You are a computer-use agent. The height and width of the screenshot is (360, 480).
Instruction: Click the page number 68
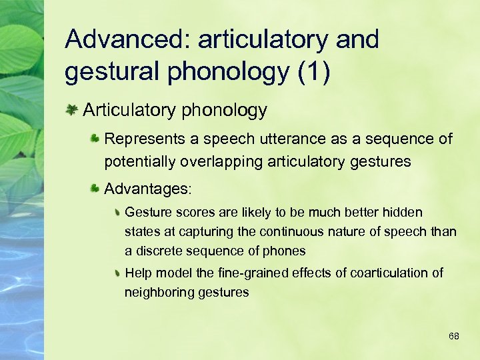[453, 336]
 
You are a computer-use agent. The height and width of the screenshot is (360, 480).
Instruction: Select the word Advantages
[147, 189]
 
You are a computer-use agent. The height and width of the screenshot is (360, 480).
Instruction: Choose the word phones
[285, 251]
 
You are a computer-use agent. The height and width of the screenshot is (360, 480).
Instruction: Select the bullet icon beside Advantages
[95, 189]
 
